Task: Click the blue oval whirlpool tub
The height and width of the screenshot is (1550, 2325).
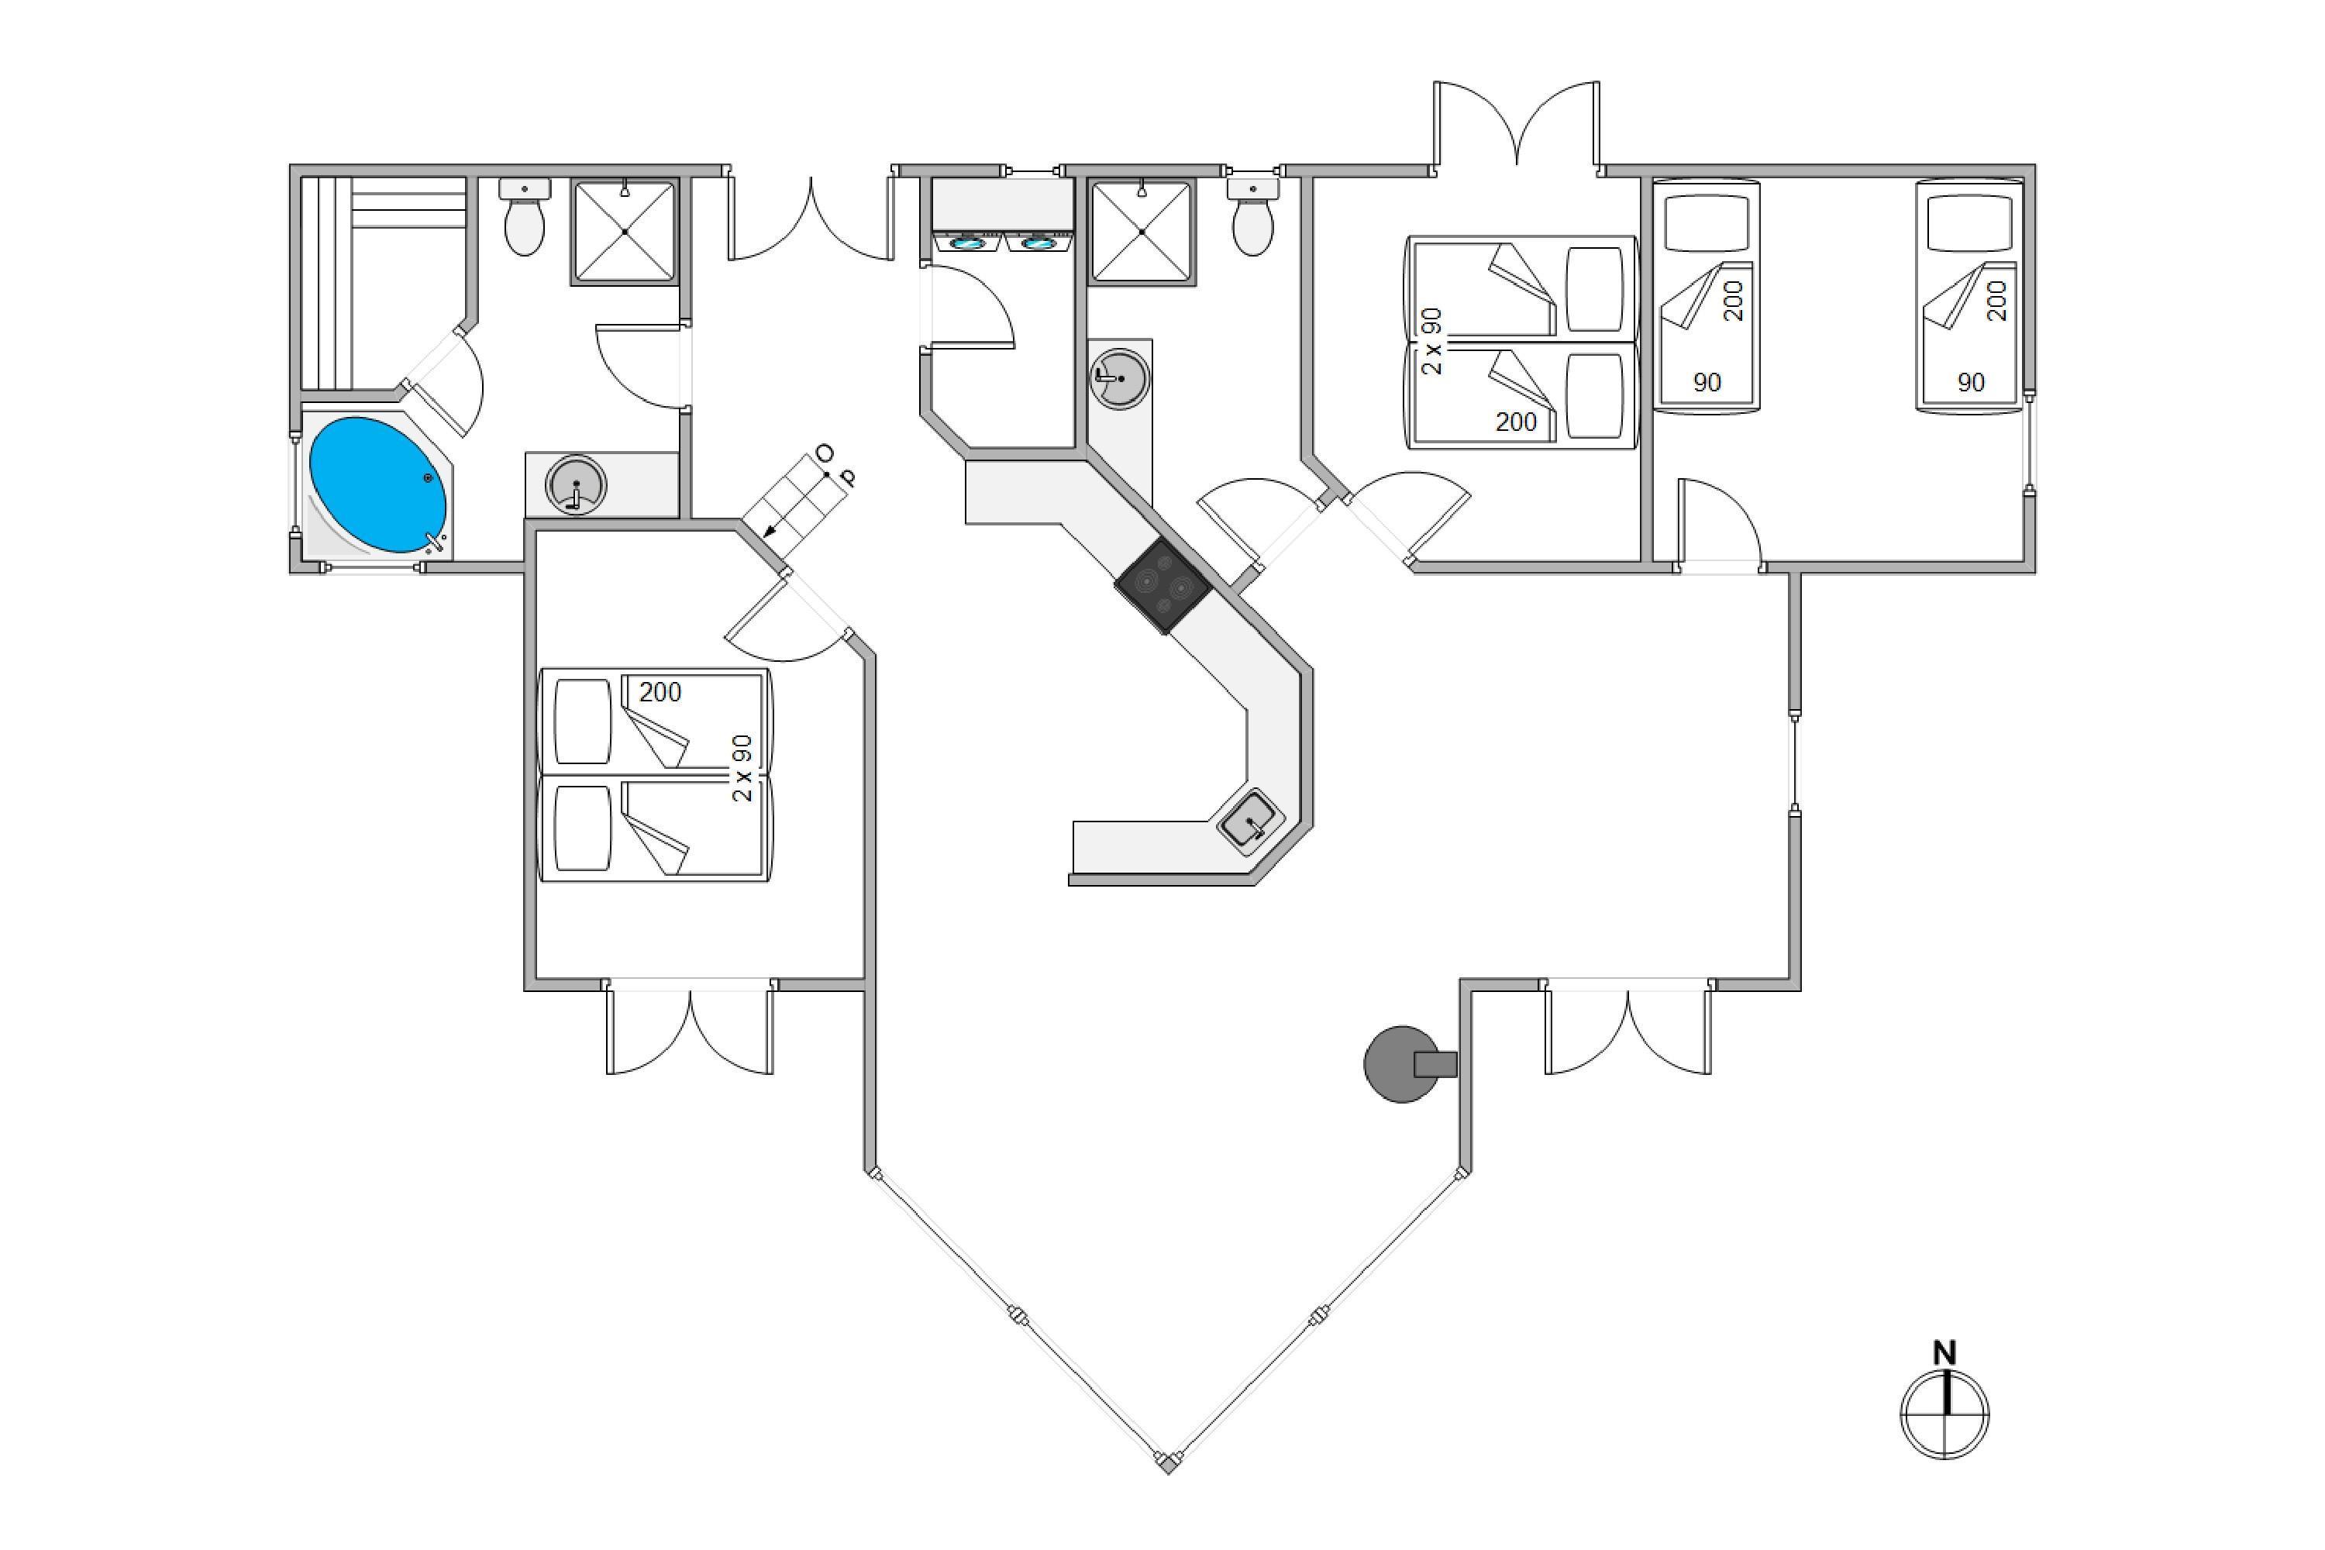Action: (x=377, y=484)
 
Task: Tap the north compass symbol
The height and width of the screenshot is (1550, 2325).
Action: (x=1944, y=1414)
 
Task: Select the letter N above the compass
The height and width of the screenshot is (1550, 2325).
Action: (x=1944, y=1352)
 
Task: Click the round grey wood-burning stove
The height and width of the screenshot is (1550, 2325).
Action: (x=1402, y=1063)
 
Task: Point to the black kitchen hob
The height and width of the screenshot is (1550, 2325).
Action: (x=1162, y=586)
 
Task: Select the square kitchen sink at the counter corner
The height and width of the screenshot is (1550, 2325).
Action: (x=1251, y=818)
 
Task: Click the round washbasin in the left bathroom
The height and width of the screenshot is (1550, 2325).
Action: (x=574, y=484)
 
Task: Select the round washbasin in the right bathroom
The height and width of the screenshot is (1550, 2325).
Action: (x=1119, y=377)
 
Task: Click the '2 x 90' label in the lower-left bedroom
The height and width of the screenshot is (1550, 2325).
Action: (x=742, y=768)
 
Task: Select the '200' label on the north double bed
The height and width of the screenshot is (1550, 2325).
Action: (x=1515, y=422)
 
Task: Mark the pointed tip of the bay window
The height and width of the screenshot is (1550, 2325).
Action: (x=1167, y=1463)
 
